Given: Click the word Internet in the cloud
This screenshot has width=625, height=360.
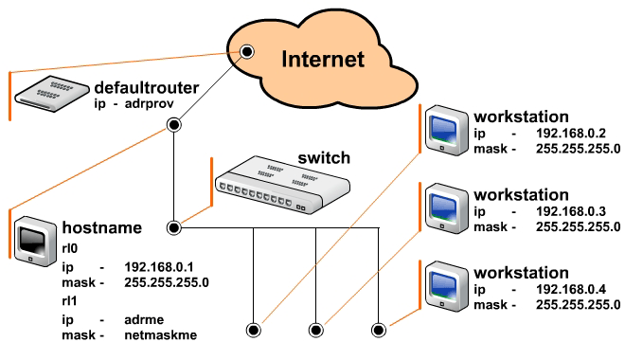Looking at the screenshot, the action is (x=323, y=59).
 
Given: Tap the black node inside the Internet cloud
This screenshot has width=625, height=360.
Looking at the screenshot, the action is (x=247, y=51).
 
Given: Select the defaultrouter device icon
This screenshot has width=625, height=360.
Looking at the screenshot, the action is (x=52, y=94).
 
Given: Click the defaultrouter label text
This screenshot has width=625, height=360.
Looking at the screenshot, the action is (x=146, y=88).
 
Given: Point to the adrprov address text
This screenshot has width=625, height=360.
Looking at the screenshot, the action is (x=149, y=103).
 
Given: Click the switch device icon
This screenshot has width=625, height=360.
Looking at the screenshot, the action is (x=282, y=185).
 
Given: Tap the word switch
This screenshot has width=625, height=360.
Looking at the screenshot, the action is (x=324, y=158).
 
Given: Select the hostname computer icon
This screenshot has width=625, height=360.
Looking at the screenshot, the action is (x=35, y=242).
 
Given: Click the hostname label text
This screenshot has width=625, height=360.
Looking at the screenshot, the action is (x=102, y=227).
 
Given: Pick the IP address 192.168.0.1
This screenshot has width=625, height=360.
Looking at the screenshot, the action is (x=159, y=267).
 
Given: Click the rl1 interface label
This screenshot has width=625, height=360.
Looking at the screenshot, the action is (x=69, y=300).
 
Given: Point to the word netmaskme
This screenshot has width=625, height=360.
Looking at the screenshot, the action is (x=161, y=334).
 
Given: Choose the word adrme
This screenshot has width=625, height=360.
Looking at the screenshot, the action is (x=144, y=319).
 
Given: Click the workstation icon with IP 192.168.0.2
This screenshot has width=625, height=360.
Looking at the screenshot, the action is (x=446, y=131).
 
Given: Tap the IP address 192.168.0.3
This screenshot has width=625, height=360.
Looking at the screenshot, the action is (x=571, y=211).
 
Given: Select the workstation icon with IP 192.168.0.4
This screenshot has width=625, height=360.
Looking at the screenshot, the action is (x=446, y=286).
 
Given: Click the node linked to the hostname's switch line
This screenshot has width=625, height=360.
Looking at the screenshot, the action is (x=174, y=227).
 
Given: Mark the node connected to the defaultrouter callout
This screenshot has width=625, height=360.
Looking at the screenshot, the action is (x=247, y=51).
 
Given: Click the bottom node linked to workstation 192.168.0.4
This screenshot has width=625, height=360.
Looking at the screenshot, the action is (x=378, y=330).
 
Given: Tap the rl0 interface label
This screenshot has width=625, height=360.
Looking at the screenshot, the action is (x=70, y=248).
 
